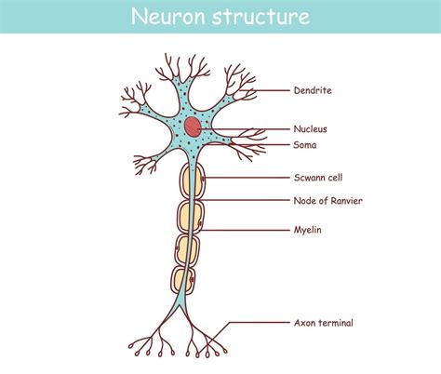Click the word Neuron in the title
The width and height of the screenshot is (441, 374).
(167, 17)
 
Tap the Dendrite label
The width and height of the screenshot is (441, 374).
(313, 91)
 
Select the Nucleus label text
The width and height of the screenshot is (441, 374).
(311, 129)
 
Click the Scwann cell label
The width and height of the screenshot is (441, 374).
(318, 178)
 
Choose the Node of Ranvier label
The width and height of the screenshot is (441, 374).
(328, 200)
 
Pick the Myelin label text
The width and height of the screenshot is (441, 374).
(308, 229)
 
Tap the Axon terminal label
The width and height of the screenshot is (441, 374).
(323, 323)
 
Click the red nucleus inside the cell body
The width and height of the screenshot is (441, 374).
(192, 126)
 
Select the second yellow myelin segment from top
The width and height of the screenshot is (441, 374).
(189, 218)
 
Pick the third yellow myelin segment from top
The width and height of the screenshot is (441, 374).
(186, 249)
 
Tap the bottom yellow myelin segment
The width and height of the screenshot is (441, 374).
(184, 279)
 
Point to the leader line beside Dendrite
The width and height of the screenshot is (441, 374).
(265, 91)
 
